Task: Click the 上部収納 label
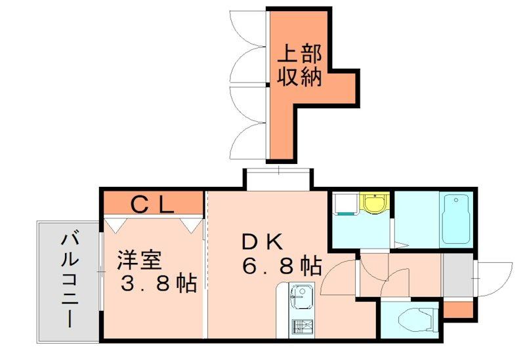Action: pos(301,65)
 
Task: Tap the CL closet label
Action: pos(152,205)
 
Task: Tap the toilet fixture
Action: pos(417,319)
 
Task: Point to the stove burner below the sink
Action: pos(301,327)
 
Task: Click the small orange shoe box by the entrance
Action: pos(457,308)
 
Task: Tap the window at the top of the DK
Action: pos(278,177)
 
